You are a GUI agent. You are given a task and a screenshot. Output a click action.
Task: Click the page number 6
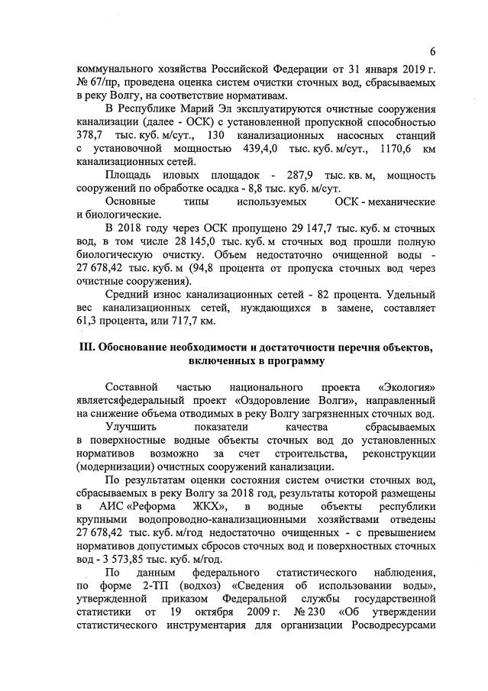pyautogui.click(x=432, y=53)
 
